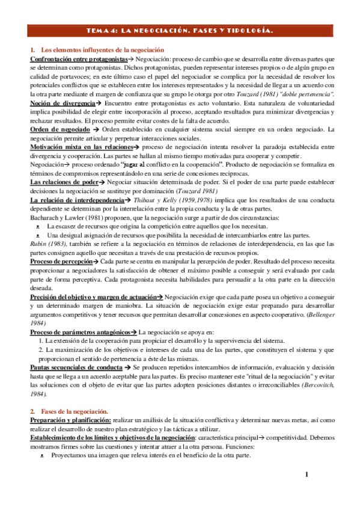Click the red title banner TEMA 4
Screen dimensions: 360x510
coord(180,30)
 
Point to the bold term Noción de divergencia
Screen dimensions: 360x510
coord(63,103)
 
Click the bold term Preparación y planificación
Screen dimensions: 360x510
coord(70,420)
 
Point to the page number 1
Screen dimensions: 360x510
coord(306,476)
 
